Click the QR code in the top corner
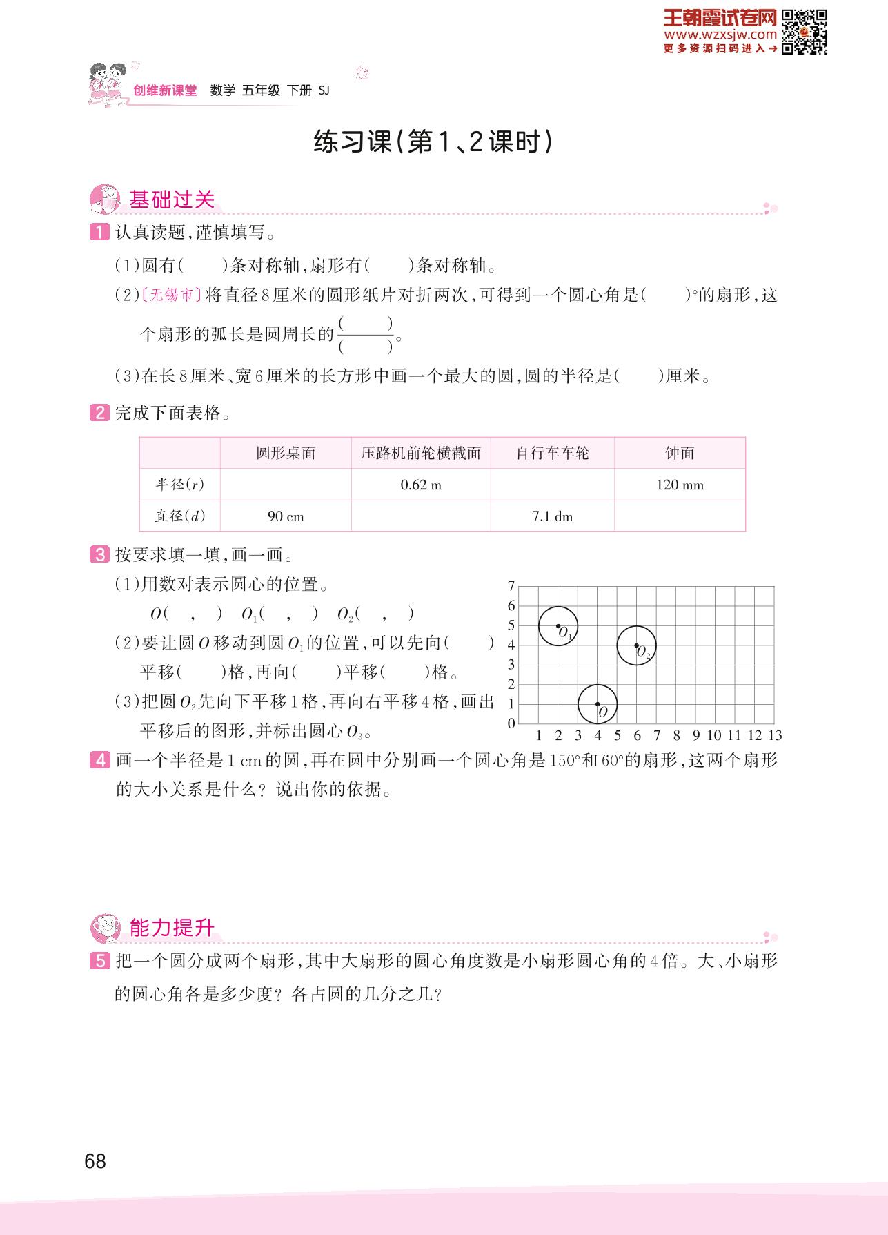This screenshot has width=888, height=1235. click(x=804, y=31)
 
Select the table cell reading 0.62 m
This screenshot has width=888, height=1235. click(x=421, y=485)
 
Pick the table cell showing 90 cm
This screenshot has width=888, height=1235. click(x=286, y=516)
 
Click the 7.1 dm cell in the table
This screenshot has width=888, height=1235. click(x=553, y=516)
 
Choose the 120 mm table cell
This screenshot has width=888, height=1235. click(x=680, y=485)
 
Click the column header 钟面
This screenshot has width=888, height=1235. click(x=680, y=453)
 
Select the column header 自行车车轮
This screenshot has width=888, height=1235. click(x=553, y=453)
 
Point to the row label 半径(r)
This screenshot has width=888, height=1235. click(x=180, y=485)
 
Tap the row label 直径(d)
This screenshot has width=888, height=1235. click(x=180, y=516)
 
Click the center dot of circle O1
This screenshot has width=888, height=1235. click(x=558, y=625)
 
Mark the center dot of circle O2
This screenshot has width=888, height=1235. click(x=636, y=645)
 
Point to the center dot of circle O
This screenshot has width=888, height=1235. click(x=598, y=704)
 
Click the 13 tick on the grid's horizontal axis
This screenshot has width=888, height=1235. click(x=775, y=735)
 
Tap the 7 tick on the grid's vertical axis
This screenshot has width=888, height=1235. click(x=511, y=586)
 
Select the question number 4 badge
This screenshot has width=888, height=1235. click(x=99, y=761)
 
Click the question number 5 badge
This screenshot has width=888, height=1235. click(x=99, y=960)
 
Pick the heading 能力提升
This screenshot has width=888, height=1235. click(x=172, y=928)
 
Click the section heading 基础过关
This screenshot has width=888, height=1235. click(x=172, y=200)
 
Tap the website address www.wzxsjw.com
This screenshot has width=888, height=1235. click(x=720, y=35)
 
